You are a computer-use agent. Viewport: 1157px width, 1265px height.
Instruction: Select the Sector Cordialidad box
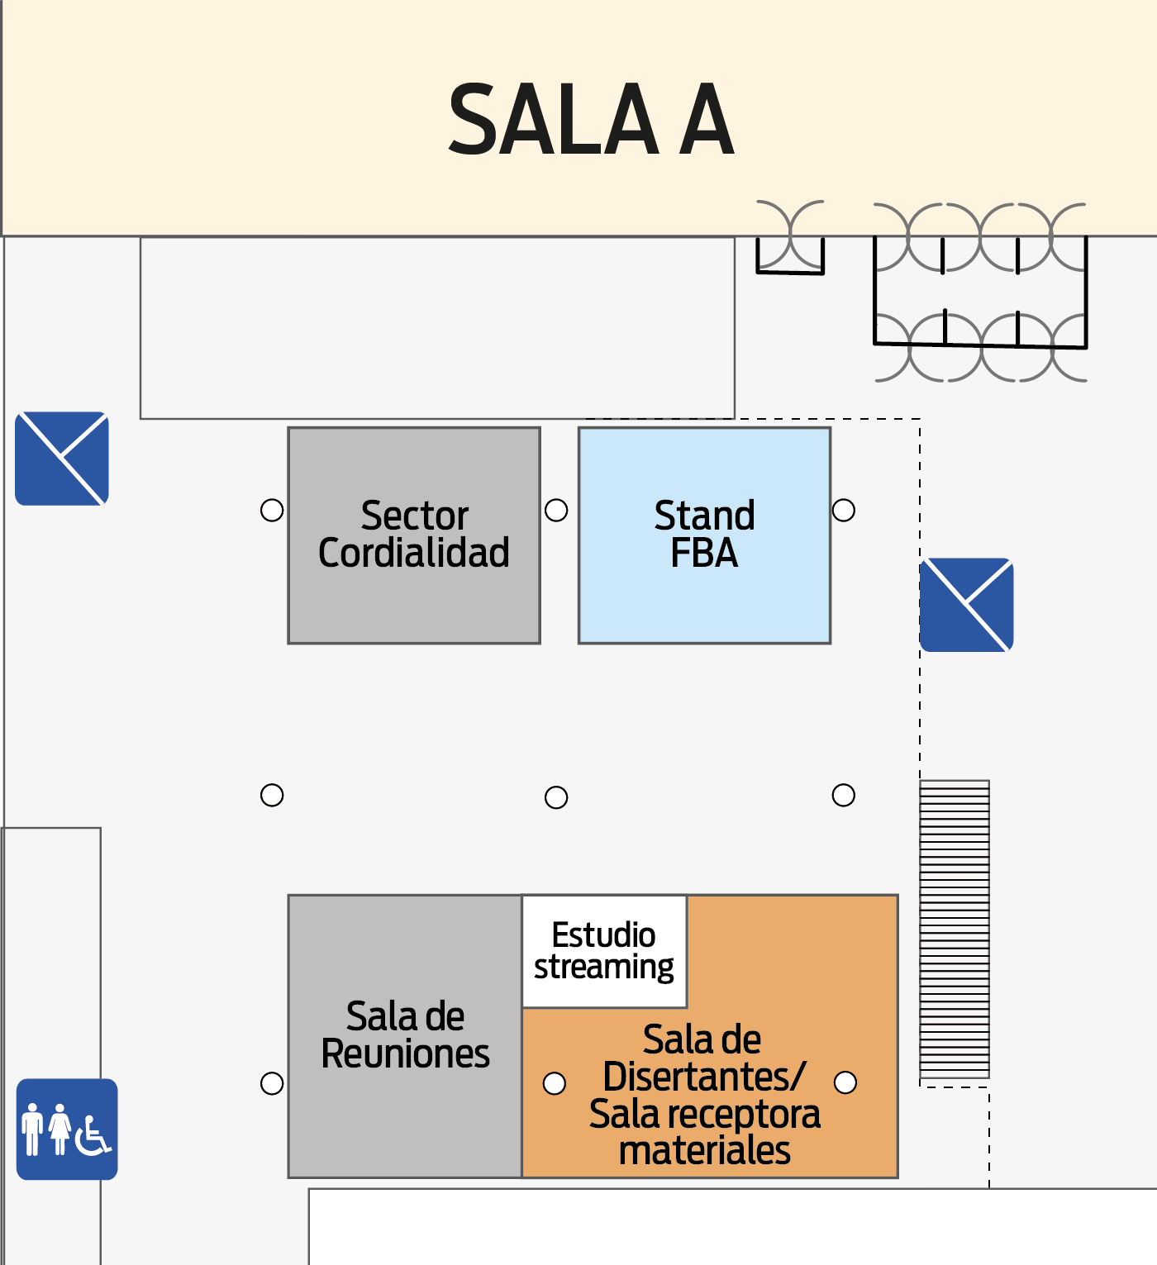tap(414, 535)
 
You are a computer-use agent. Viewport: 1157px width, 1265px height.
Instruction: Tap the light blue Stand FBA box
tap(705, 535)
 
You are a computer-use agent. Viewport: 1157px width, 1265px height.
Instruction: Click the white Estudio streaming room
tap(604, 951)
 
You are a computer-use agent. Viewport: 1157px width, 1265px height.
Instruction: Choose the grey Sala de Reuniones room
tap(405, 1036)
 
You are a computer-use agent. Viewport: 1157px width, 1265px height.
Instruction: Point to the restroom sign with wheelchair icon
tap(67, 1129)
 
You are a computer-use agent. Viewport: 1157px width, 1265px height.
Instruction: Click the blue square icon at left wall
tap(62, 459)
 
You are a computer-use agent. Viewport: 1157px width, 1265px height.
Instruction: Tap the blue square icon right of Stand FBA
tap(966, 605)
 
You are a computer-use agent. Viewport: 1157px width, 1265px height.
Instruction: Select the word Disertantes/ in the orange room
tap(705, 1076)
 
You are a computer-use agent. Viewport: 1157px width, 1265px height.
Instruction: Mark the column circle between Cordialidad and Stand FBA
tap(556, 510)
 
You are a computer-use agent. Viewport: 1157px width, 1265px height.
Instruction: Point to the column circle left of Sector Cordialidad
tap(272, 510)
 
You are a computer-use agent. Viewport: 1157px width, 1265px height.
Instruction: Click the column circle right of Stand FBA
tap(844, 510)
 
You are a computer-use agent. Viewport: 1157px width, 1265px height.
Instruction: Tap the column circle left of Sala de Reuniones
tap(272, 1083)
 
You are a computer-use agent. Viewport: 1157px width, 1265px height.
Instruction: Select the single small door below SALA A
tap(790, 238)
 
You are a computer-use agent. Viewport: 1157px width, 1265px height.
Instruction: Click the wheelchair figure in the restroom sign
tap(93, 1136)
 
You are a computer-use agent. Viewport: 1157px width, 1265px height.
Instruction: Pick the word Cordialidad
tap(414, 553)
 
